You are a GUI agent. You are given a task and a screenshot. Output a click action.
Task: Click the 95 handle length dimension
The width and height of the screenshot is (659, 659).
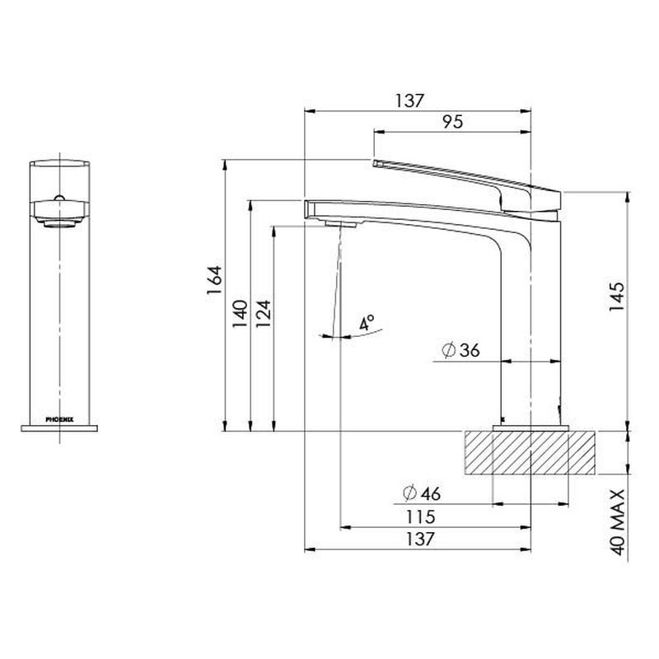tap(452, 122)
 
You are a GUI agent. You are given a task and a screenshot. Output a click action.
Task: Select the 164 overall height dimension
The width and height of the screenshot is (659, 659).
tap(214, 280)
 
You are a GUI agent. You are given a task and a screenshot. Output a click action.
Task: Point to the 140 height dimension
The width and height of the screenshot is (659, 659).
tap(240, 315)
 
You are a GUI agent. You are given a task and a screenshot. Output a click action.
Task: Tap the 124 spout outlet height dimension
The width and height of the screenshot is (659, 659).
tap(264, 315)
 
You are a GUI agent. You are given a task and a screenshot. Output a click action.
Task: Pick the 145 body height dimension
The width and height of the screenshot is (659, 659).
tap(616, 297)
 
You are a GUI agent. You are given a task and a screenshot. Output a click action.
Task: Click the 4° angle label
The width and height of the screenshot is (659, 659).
tap(367, 323)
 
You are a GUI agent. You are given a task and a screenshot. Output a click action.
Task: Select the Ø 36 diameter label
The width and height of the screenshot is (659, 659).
tap(460, 350)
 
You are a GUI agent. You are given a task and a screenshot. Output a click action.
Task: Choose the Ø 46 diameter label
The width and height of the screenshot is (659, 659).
tap(422, 493)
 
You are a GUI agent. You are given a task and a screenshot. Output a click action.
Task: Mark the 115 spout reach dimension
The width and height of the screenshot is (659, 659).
tap(421, 516)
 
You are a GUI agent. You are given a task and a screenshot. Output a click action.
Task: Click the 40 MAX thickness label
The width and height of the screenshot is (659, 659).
tap(617, 522)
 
